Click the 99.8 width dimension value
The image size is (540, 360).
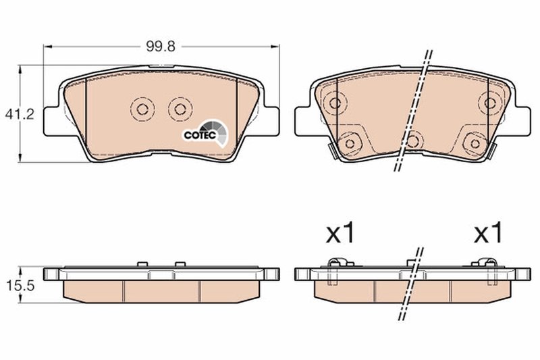[x=162, y=47]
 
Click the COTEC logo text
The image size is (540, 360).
[x=200, y=134]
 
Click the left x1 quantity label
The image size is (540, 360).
[x=340, y=234]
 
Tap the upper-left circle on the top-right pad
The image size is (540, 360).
[x=335, y=103]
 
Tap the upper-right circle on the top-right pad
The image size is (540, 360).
[x=489, y=103]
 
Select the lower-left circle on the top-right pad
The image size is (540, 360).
[x=350, y=142]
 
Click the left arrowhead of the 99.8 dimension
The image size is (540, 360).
[x=47, y=47]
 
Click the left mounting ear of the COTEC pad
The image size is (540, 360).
[x=51, y=120]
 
